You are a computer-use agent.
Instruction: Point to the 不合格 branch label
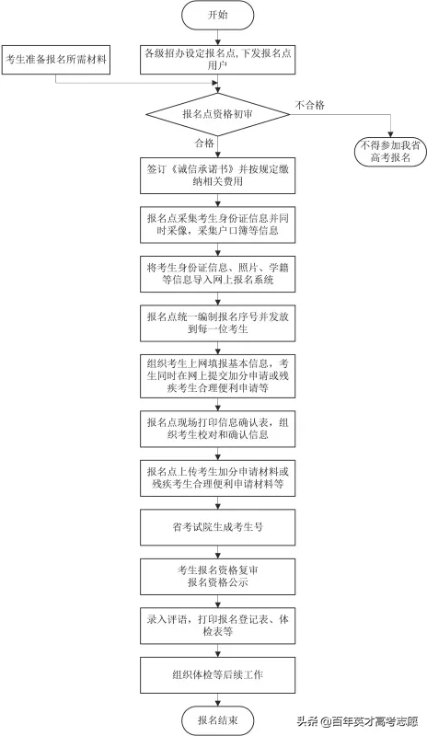click(x=310, y=105)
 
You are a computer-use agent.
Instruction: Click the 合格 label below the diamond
click(x=203, y=144)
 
